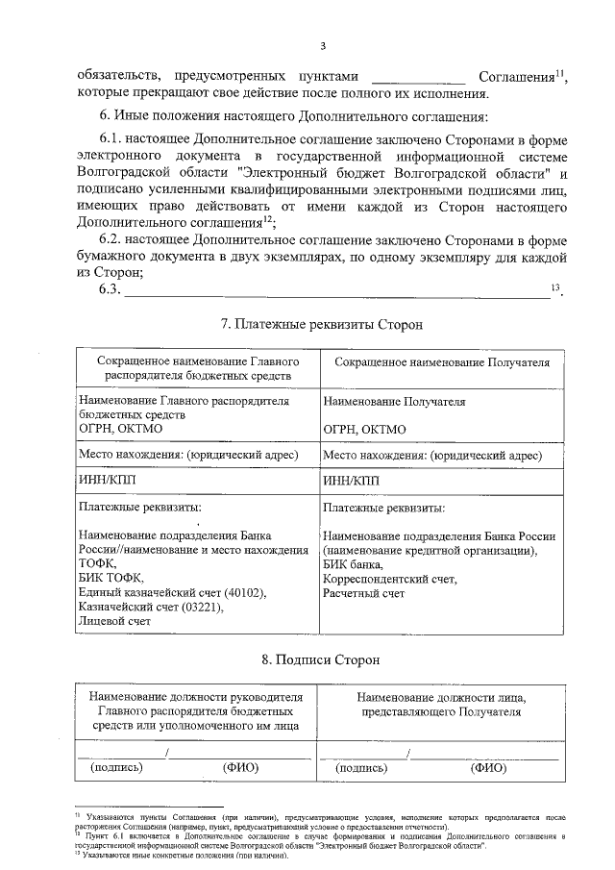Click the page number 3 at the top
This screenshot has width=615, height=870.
323,45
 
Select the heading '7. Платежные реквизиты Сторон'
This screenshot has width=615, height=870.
322,326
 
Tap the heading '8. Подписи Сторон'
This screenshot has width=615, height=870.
322,659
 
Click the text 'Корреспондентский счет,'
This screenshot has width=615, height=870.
390,580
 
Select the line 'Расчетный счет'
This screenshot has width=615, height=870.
364,594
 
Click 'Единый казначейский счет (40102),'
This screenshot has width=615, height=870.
170,592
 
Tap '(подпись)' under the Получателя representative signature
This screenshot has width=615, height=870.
362,768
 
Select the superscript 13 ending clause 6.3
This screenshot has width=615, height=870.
554,287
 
